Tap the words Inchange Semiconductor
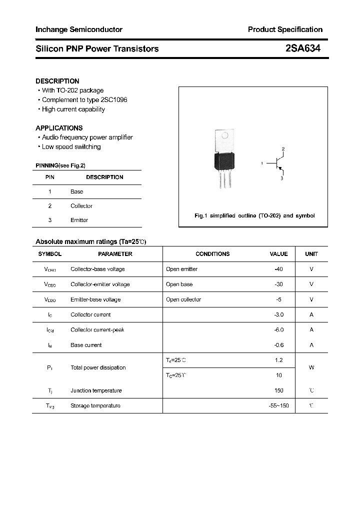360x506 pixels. tap(79, 29)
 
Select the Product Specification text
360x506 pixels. tap(285, 29)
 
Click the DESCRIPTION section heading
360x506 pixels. tap(57, 81)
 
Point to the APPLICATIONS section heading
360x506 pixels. tap(59, 128)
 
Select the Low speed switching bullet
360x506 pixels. tap(71, 147)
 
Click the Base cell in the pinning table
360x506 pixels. tap(77, 191)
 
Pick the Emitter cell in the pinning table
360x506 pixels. tap(79, 220)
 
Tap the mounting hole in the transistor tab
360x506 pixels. tap(225, 135)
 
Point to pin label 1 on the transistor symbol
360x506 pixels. tap(262, 163)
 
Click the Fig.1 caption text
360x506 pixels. tap(254, 216)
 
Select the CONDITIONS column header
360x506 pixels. tap(212, 254)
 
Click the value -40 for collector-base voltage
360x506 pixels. tap(278, 269)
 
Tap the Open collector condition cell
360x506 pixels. tap(183, 299)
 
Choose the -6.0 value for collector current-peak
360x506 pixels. tap(278, 330)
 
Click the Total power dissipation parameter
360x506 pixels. tap(98, 367)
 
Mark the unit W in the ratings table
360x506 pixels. tap(311, 367)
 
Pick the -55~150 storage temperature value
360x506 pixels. tap(278, 405)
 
